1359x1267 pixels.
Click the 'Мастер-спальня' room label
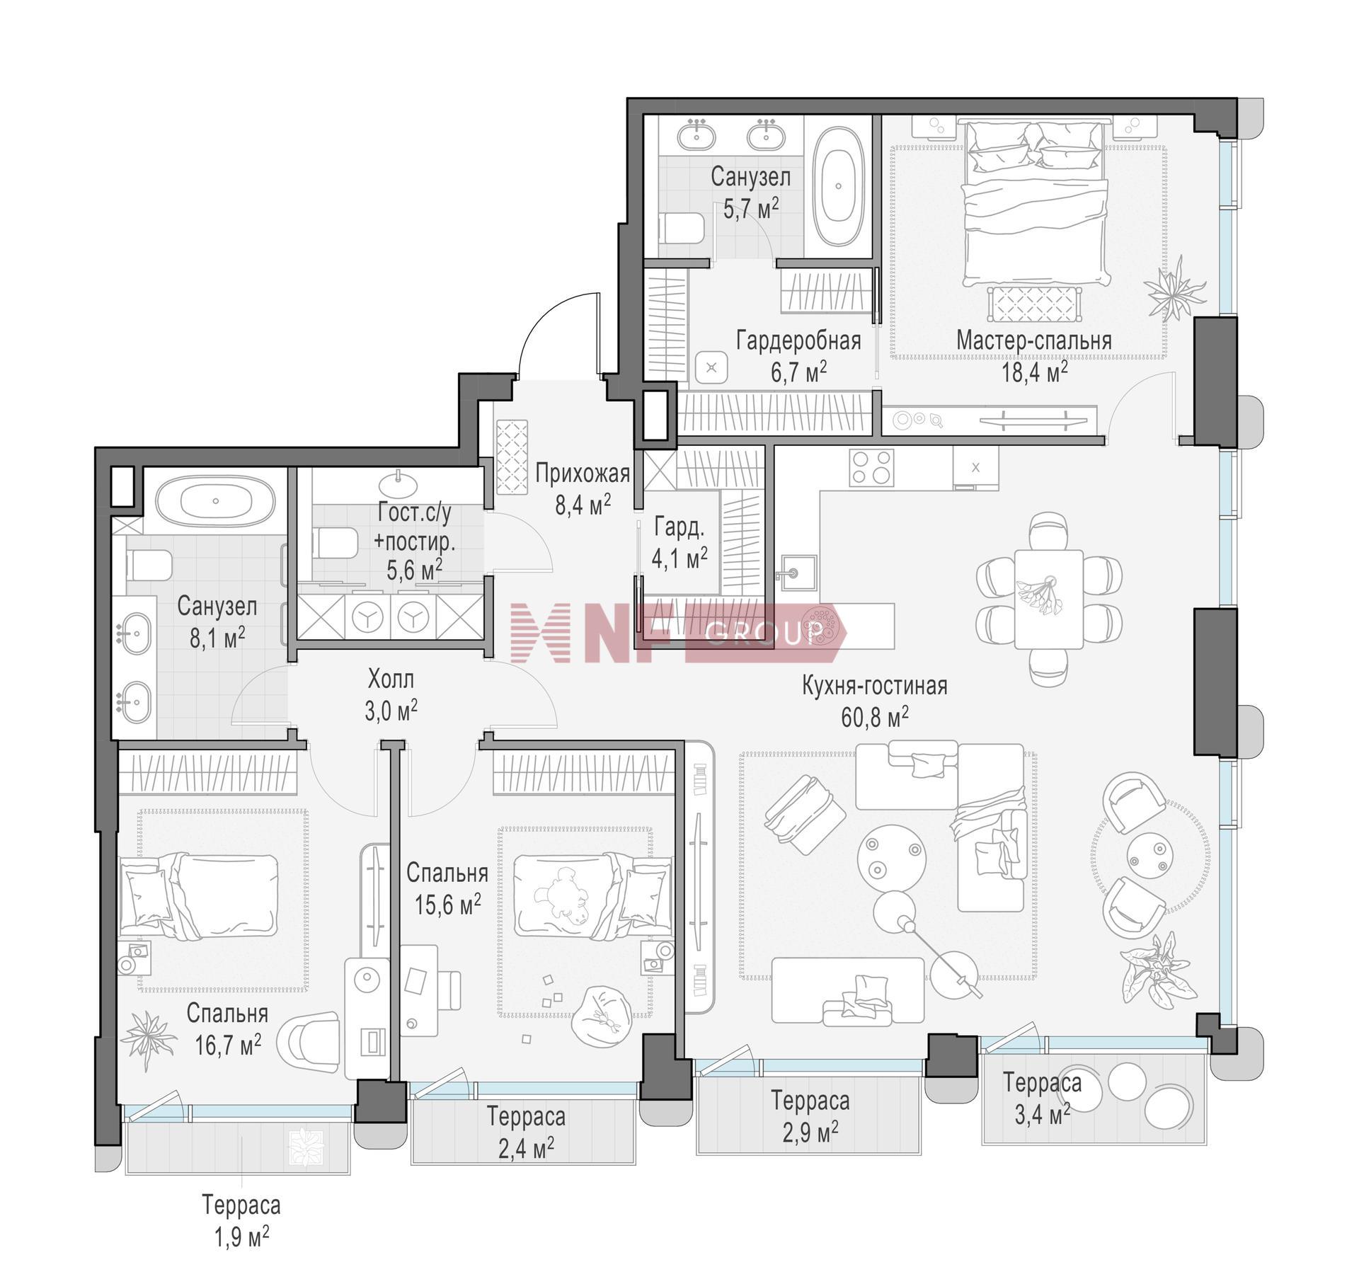[1033, 340]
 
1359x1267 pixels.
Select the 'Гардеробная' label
[798, 340]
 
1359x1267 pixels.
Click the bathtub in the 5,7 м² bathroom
[838, 186]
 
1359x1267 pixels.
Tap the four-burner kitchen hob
[871, 467]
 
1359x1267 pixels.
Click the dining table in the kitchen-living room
[1048, 599]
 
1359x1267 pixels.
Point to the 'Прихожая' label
[583, 473]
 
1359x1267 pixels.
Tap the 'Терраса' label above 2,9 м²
[810, 1101]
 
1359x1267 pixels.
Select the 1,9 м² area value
[241, 1237]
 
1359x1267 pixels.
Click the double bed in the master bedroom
[1034, 202]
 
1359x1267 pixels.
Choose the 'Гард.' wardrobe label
[679, 527]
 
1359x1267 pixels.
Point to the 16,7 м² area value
[228, 1045]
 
